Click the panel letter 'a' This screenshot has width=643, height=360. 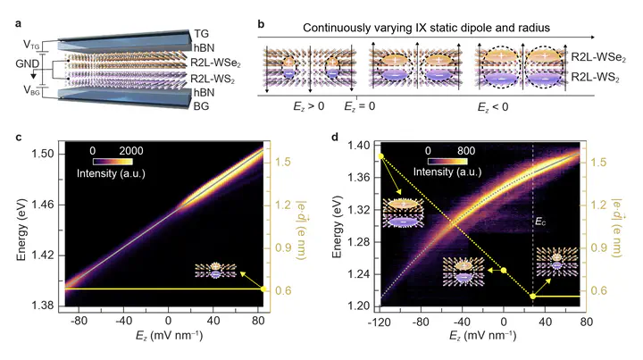[8, 12]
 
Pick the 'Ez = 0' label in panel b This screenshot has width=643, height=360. [360, 105]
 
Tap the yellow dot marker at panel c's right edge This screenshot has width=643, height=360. [263, 289]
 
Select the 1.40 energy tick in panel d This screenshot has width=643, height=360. [356, 145]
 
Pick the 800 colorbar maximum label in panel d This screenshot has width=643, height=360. [478, 149]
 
